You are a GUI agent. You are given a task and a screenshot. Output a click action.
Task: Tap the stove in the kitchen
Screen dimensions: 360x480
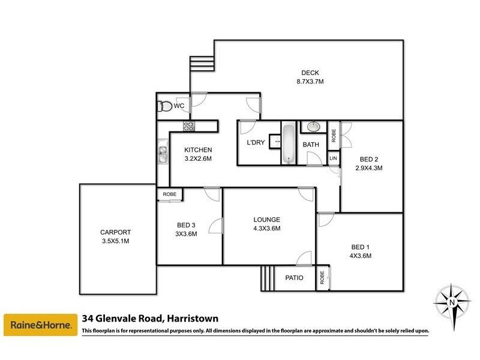[x=189, y=125]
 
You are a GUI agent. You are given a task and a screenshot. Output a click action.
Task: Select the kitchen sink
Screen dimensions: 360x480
[x=162, y=154]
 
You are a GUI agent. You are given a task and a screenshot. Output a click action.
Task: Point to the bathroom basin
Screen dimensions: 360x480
[x=313, y=127]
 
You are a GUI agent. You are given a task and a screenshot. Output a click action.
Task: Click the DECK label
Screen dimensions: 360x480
[x=310, y=73]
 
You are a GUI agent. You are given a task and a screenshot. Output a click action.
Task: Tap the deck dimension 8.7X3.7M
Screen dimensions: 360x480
[x=310, y=82]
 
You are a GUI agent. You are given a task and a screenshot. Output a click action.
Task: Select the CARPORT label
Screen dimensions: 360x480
[x=116, y=232]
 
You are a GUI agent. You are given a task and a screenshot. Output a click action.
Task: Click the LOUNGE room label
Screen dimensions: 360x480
[x=266, y=220]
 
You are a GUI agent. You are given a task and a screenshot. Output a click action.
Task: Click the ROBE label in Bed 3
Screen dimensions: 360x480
[x=169, y=194]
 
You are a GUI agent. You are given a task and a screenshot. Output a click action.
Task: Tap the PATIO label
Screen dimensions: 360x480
[x=294, y=278]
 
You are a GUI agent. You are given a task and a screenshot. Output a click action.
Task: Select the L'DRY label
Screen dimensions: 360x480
[x=256, y=142]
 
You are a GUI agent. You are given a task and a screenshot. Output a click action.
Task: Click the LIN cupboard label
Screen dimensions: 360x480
[x=334, y=158]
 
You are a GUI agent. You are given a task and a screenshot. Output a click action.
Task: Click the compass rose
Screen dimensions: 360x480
[x=451, y=301]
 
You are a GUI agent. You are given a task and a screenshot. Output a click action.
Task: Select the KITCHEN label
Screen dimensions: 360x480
[x=198, y=150]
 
